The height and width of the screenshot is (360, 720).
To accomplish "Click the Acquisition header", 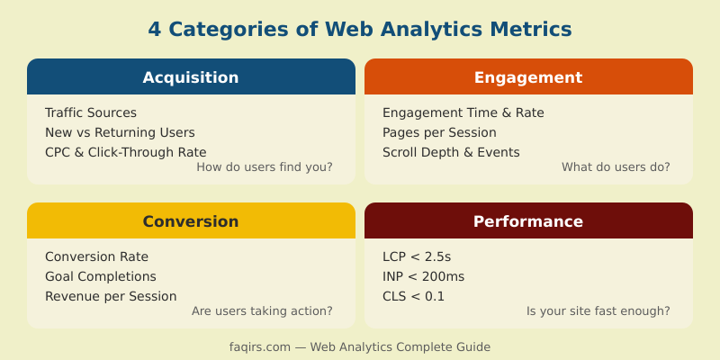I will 191,77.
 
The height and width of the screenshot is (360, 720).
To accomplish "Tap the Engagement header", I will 528,77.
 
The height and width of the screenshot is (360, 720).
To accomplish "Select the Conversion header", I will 191,221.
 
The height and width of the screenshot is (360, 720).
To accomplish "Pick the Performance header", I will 528,221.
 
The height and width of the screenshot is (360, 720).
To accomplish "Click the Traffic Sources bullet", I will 91,112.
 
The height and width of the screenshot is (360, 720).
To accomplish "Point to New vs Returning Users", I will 120,132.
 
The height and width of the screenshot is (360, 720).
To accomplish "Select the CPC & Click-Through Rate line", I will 125,152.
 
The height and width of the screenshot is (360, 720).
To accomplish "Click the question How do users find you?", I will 265,167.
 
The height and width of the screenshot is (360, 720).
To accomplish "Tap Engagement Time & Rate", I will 463,112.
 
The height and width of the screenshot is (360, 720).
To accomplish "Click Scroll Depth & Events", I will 451,152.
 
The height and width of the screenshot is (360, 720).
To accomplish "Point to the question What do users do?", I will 616,167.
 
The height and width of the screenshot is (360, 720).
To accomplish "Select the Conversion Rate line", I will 96,256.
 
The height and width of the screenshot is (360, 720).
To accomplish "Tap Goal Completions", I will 101,276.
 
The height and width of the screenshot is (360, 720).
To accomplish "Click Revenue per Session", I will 111,296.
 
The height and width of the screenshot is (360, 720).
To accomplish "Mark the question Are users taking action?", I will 262,311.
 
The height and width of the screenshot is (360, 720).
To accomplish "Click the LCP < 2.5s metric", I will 417,256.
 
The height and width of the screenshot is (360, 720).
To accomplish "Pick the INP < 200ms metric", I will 423,276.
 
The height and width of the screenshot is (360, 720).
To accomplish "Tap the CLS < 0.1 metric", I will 413,296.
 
